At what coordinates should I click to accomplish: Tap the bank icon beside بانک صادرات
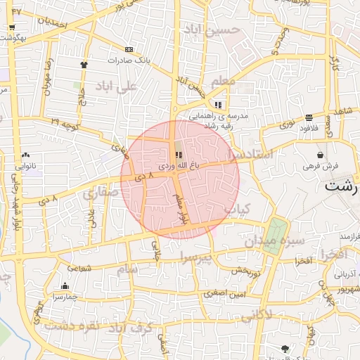[129, 49]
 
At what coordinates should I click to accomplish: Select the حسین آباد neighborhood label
[212, 30]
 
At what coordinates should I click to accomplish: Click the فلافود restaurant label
[309, 127]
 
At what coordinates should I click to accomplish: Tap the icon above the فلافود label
[309, 117]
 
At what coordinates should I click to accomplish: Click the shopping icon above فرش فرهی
[320, 155]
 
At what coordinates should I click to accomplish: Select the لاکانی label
[257, 316]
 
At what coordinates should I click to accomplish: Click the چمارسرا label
[65, 297]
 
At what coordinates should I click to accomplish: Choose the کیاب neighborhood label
[237, 209]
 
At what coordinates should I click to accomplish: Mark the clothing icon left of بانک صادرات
[84, 65]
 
